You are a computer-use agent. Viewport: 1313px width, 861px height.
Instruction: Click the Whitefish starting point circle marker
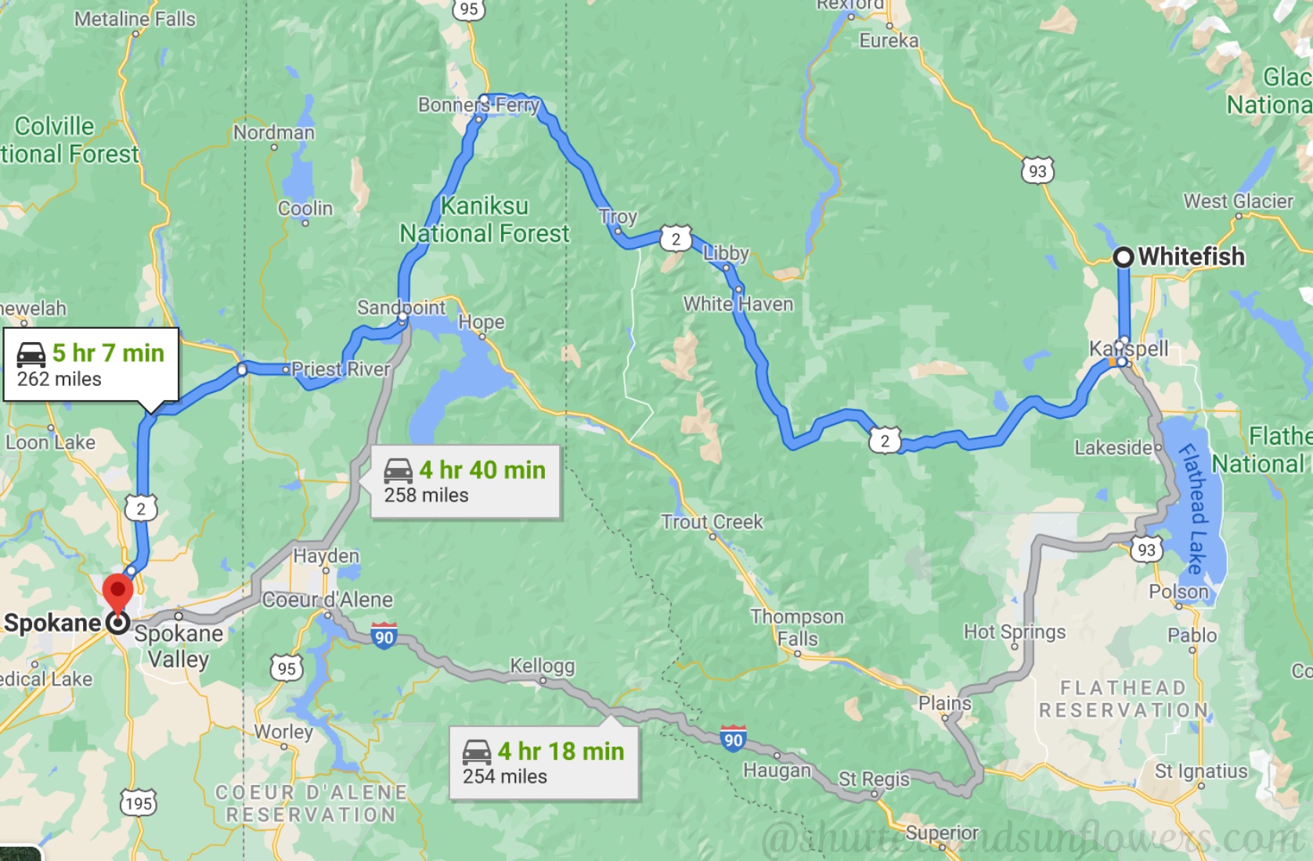tap(1124, 257)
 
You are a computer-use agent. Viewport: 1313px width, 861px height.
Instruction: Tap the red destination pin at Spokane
tap(118, 592)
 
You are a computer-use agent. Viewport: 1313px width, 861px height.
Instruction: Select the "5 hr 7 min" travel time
tap(108, 353)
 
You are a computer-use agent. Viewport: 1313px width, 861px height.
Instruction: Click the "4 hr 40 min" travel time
tap(482, 470)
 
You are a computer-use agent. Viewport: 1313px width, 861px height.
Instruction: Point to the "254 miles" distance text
tap(505, 776)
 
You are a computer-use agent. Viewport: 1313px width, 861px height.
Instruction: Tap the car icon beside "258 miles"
tap(398, 470)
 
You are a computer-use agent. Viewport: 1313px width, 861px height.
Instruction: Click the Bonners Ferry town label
tap(478, 105)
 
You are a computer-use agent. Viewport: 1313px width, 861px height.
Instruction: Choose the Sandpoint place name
tap(401, 308)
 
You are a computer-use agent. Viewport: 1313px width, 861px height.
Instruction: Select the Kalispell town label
tap(1128, 348)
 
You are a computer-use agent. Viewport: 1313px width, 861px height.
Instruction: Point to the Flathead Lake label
tap(1193, 508)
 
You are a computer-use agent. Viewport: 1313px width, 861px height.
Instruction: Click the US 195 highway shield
tap(139, 803)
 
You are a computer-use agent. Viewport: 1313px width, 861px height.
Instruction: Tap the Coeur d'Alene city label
tap(327, 600)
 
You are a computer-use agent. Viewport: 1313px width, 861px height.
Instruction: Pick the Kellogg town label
tap(543, 666)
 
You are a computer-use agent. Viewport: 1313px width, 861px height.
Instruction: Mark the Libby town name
tap(726, 253)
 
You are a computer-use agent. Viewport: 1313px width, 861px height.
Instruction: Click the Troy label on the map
tap(618, 217)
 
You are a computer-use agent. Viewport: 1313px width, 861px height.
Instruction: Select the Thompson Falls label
tap(797, 628)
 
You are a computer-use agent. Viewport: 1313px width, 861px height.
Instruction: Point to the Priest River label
tap(341, 369)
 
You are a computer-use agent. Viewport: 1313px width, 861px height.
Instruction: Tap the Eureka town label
tap(889, 41)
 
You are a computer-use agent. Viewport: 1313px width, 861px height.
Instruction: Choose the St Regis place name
tap(874, 779)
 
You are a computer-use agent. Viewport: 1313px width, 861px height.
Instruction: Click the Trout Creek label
tap(712, 522)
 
